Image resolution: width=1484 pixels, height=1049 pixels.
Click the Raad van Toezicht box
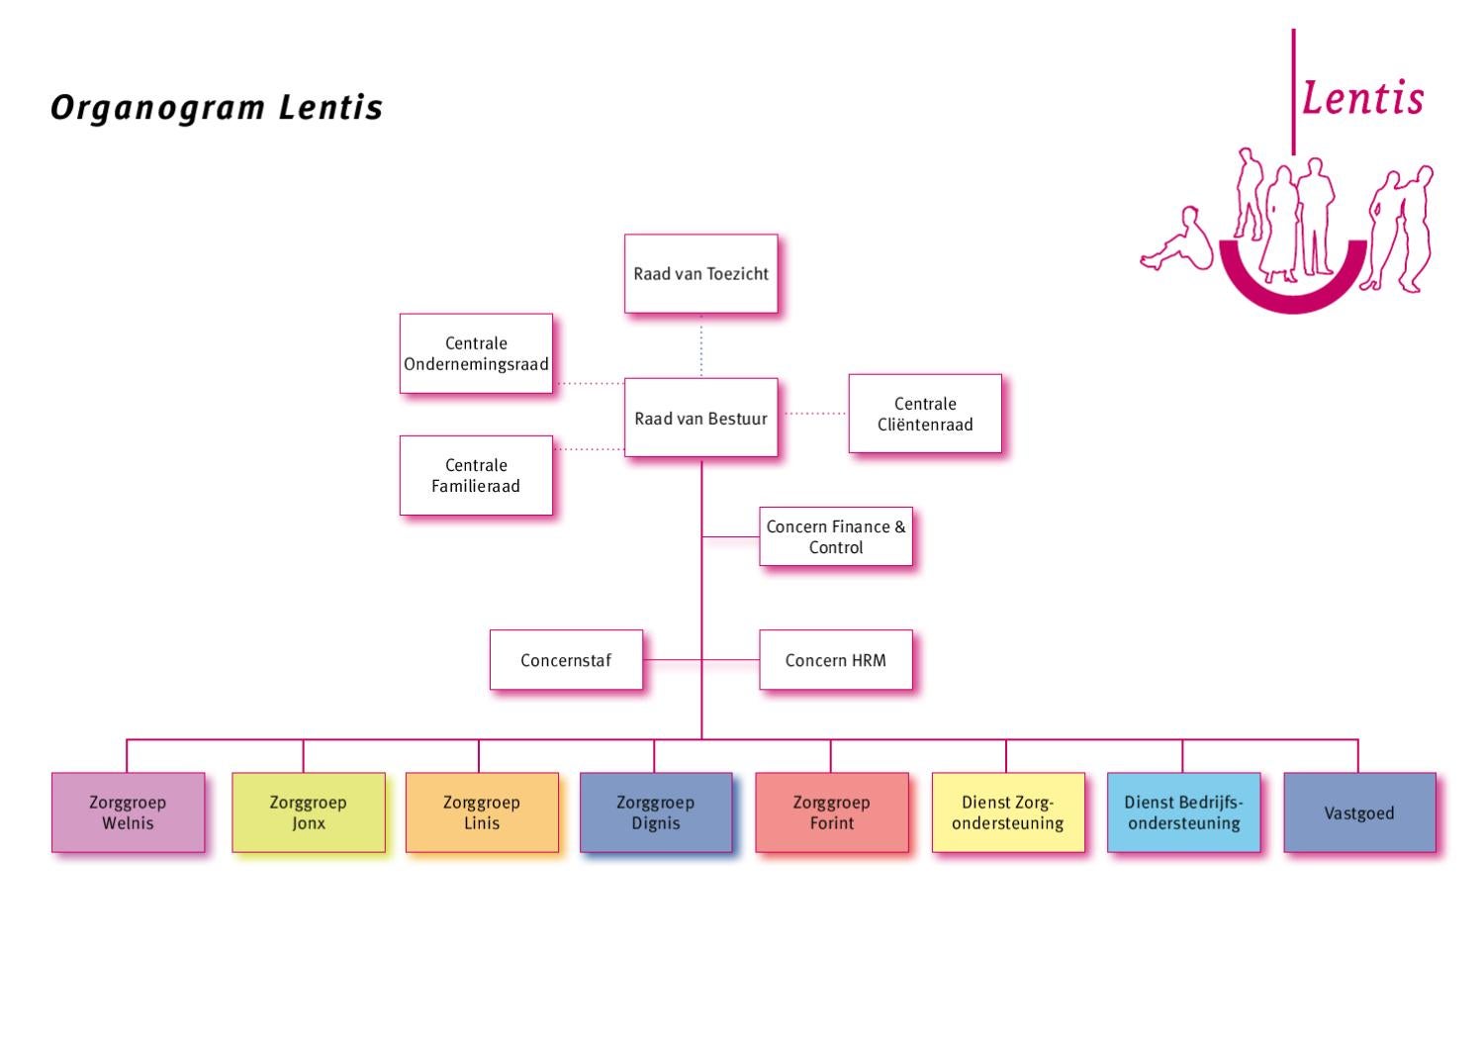tap(700, 274)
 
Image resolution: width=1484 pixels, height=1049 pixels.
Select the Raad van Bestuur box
tap(700, 418)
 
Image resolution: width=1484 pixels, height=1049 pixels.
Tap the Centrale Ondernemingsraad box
tap(476, 354)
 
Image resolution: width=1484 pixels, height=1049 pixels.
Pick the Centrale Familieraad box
tap(476, 475)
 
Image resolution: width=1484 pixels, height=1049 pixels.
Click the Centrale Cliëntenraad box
tap(925, 414)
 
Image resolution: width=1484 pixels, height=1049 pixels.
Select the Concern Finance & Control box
tap(835, 536)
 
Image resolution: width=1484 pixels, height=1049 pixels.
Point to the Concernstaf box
tap(566, 660)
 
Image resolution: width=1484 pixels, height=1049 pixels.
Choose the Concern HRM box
tap(835, 660)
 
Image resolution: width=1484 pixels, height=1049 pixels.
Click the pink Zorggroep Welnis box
tap(128, 812)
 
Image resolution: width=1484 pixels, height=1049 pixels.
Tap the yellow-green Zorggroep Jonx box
tap(309, 812)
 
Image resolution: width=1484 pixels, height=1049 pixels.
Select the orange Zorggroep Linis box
tap(482, 812)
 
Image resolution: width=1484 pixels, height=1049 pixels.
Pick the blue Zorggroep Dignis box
tap(655, 812)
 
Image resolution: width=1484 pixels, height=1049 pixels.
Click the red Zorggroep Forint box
tap(831, 812)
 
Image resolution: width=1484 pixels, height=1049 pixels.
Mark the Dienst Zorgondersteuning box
tap(1007, 812)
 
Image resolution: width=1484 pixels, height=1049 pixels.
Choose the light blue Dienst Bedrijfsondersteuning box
tap(1183, 812)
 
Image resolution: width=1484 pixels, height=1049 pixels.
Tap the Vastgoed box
tap(1359, 812)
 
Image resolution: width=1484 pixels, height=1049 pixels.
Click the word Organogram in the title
tap(158, 108)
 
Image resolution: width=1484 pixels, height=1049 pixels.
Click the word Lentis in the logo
tap(1362, 98)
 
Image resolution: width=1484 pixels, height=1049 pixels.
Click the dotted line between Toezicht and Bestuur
tap(701, 346)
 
